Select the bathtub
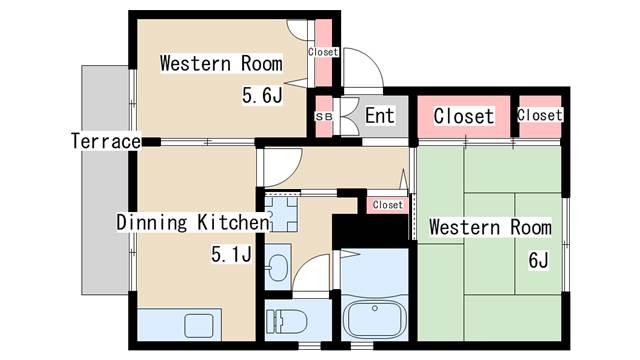tap(375, 319)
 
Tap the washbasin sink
tap(279, 267)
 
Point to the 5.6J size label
tap(261, 96)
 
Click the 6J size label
tap(539, 261)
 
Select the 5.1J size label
tap(230, 255)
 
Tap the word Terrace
tap(105, 141)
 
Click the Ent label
tap(380, 116)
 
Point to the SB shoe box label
tap(323, 116)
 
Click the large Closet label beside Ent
tap(463, 116)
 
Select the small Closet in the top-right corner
tap(540, 115)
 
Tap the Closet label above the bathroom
tap(387, 205)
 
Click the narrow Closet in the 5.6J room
tap(323, 52)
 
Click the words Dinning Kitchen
tap(191, 221)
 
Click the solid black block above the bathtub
tap(369, 231)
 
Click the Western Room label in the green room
tap(490, 227)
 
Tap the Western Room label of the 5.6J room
tap(221, 64)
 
